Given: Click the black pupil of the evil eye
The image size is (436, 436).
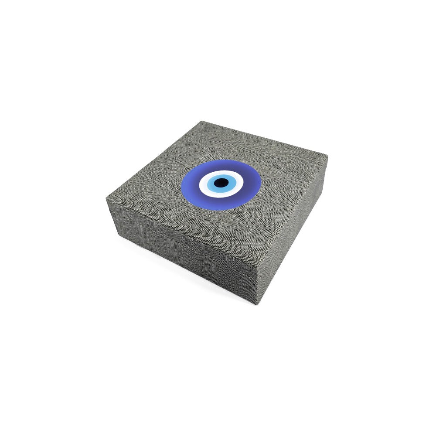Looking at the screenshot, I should tap(221, 182).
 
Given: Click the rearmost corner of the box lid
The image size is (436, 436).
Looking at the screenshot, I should tap(202, 121).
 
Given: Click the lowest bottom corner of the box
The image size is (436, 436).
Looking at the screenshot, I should tap(256, 304).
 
